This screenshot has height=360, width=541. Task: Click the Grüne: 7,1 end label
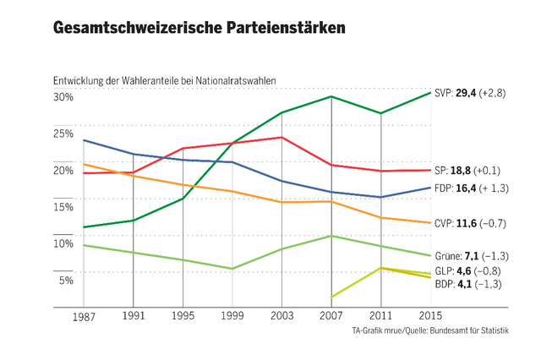coord(472,255)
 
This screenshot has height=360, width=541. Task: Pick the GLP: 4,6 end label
coord(470,271)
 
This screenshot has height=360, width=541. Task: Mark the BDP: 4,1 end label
coord(470,284)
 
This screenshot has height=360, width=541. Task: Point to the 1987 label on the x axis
coord(83,315)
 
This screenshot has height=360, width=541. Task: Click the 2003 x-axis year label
coord(281,315)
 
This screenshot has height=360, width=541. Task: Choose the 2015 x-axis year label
coord(430,315)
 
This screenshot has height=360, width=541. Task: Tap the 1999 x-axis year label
coord(232,315)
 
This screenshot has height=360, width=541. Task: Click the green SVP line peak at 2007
coord(331,96)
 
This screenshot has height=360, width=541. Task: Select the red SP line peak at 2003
coord(281,137)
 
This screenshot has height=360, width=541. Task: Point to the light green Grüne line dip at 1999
coord(232,269)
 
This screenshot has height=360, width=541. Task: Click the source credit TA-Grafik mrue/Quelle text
coord(431,330)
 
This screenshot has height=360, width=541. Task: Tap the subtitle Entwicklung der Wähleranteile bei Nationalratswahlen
coord(164,81)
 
